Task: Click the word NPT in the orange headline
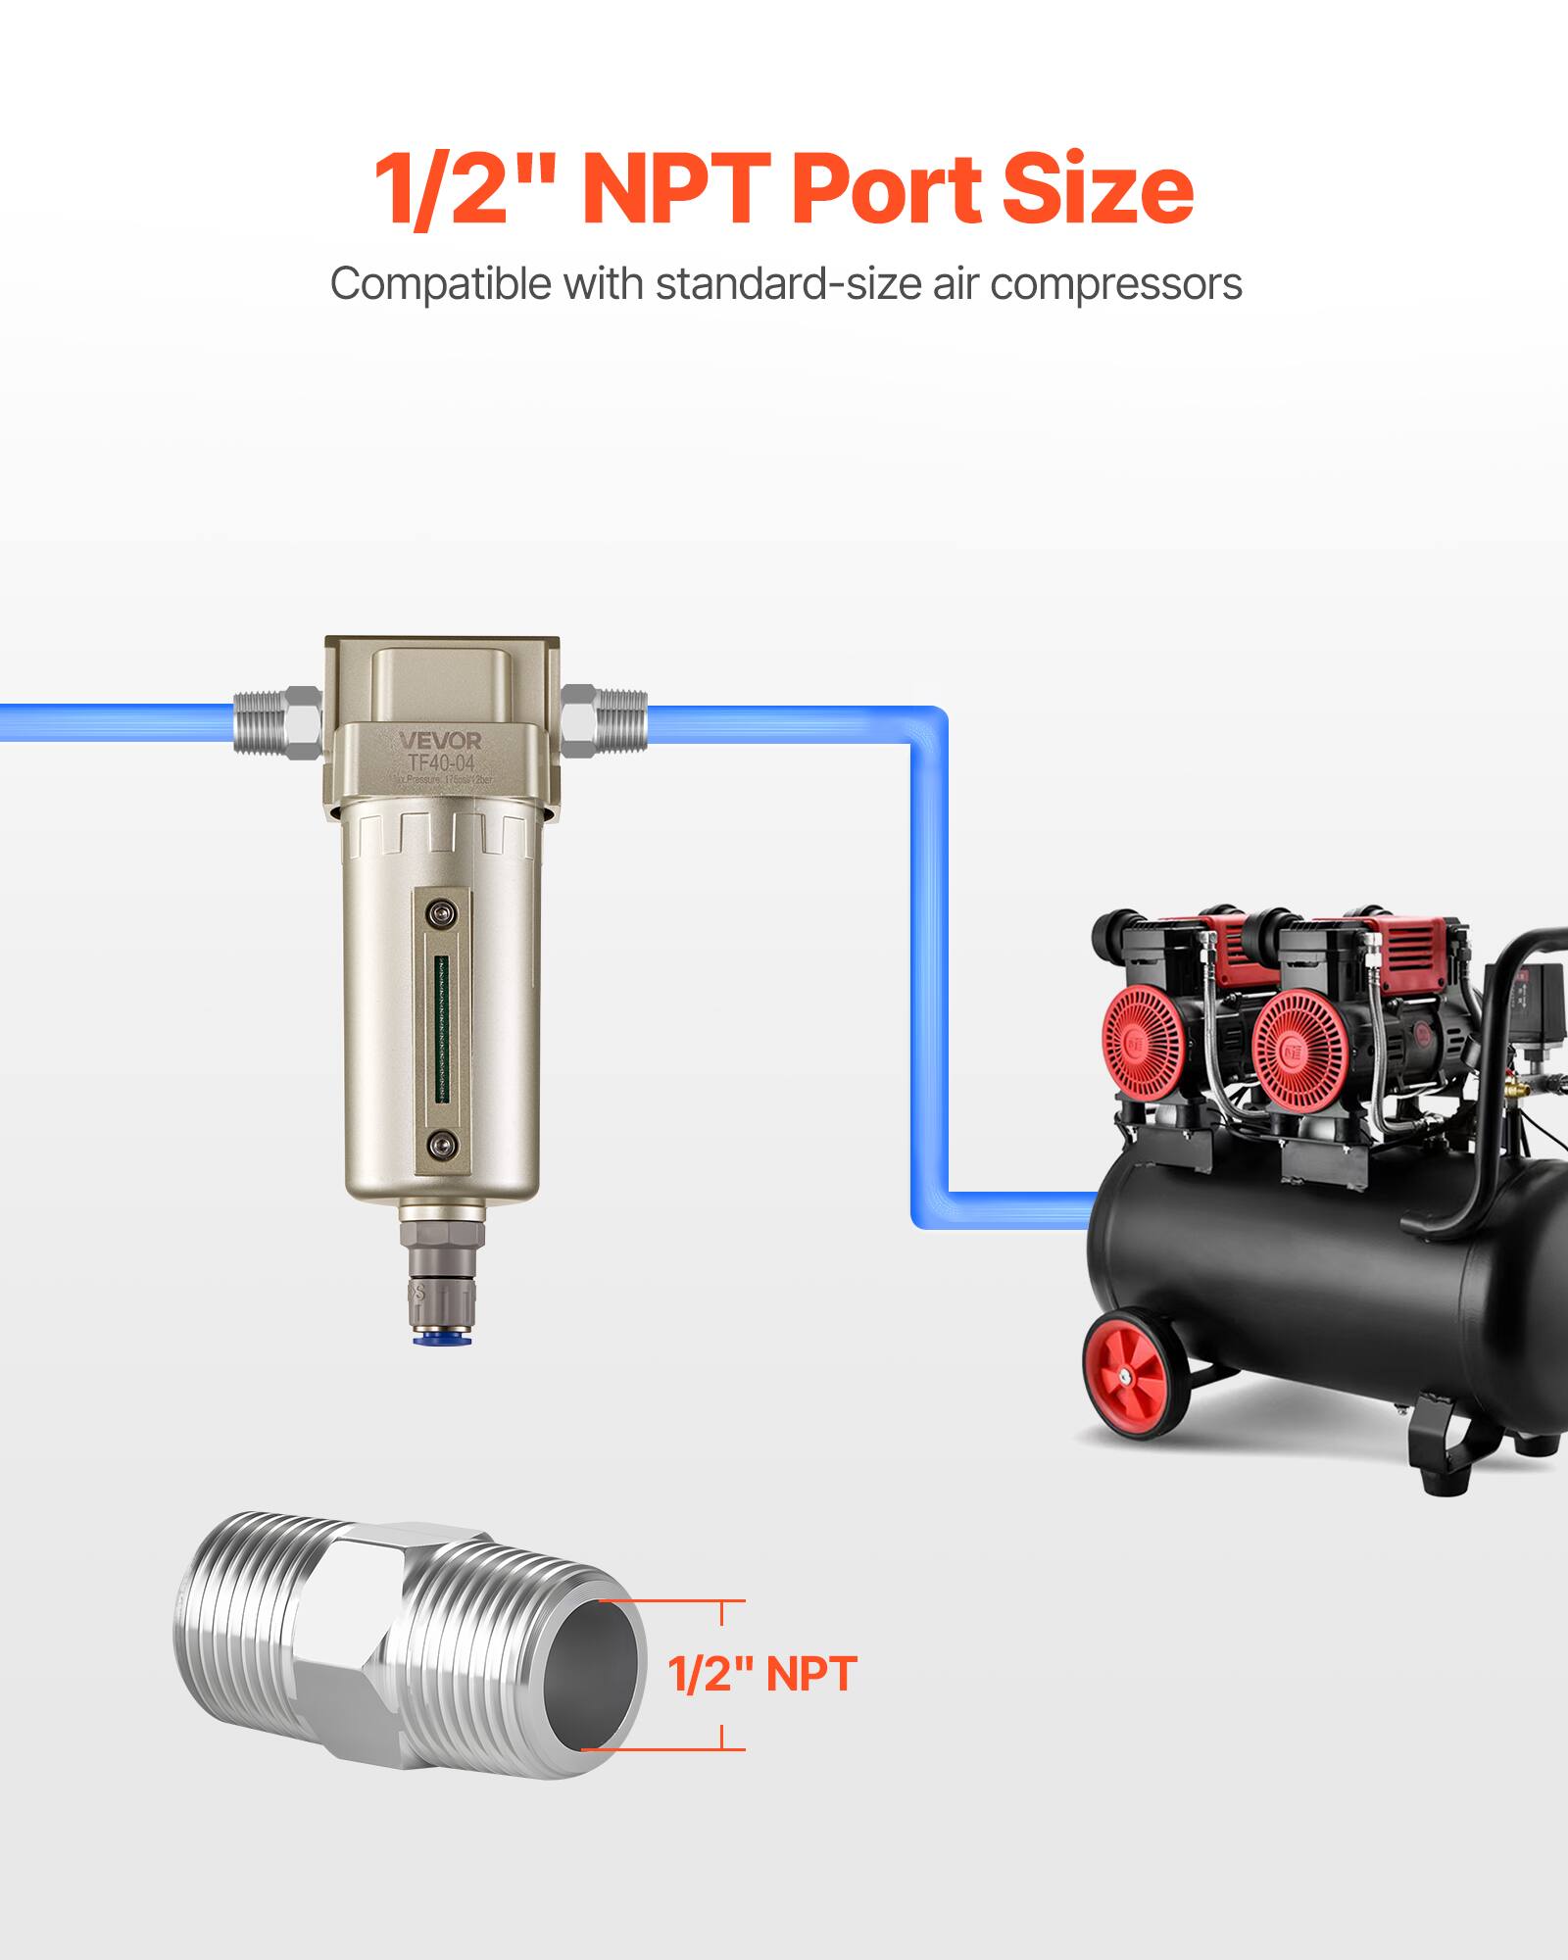coord(681,188)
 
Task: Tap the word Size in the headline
coord(1098,188)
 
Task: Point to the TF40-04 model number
coord(440,762)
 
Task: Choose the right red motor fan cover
coord(1298,1041)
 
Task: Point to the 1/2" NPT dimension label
coord(761,1674)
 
